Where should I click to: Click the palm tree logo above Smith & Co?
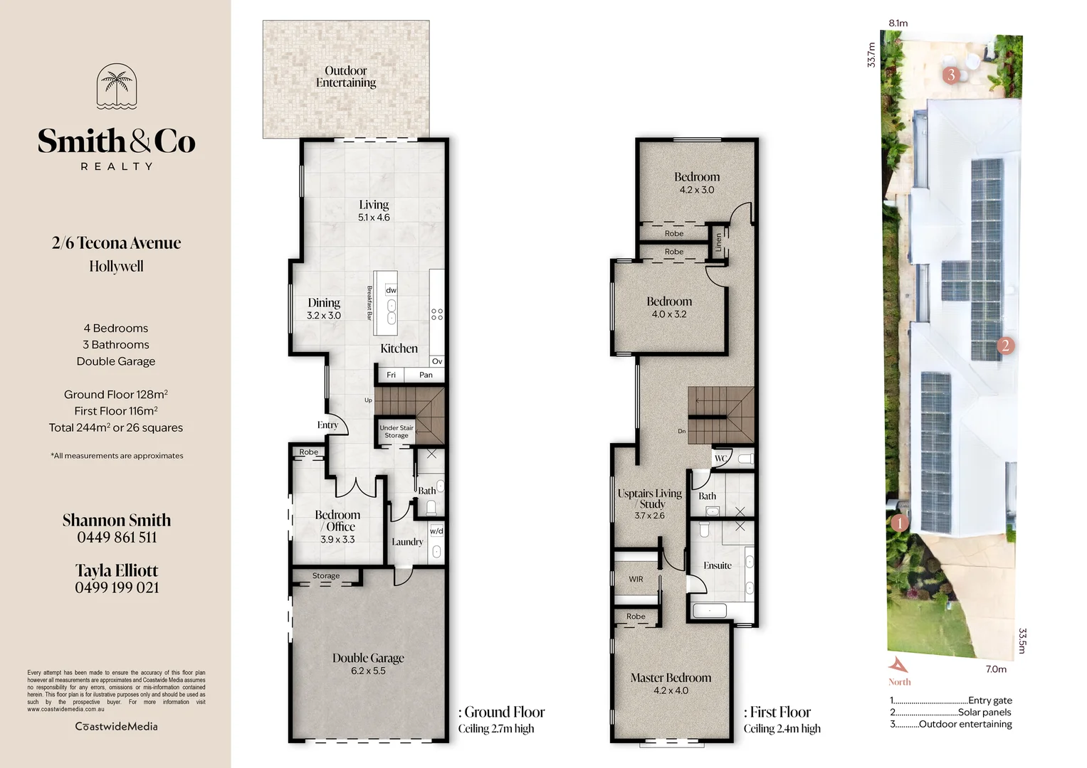tap(117, 87)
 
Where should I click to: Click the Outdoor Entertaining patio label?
tap(346, 77)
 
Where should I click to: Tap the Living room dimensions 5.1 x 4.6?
tap(374, 218)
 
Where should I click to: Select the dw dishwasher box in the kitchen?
tap(391, 290)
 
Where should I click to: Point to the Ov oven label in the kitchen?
tap(437, 361)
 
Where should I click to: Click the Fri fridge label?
tap(391, 375)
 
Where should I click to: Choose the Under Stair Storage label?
tap(397, 432)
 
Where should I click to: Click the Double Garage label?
tap(368, 658)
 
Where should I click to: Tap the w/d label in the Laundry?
tap(436, 531)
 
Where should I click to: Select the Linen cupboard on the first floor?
tap(718, 242)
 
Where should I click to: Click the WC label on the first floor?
tap(720, 459)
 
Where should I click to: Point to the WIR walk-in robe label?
tap(636, 579)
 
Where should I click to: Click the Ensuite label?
tap(718, 565)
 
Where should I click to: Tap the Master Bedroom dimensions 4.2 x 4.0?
tap(671, 690)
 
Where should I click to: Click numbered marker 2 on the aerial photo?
tap(1005, 346)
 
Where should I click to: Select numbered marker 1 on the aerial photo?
tap(900, 523)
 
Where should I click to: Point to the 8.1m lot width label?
tap(898, 23)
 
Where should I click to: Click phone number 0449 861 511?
tap(117, 538)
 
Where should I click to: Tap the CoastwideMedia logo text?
tap(117, 726)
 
